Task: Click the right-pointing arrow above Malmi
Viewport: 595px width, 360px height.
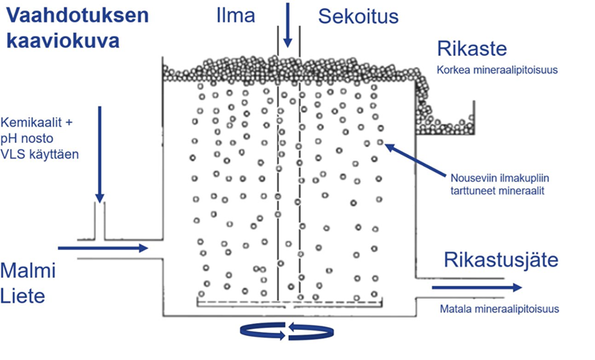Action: (104, 248)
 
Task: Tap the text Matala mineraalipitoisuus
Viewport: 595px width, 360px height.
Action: (498, 309)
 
